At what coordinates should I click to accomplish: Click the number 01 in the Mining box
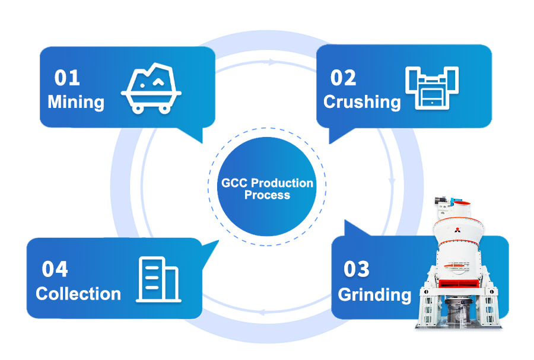point(67,78)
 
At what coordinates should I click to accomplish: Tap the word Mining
point(76,101)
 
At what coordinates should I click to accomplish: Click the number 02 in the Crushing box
point(343,78)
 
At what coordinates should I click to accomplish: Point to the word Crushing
point(362,101)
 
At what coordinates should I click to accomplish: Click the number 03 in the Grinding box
point(357,269)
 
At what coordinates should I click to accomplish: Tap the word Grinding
point(374,294)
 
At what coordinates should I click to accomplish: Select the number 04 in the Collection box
point(55,269)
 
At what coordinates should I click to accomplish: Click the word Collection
point(78,294)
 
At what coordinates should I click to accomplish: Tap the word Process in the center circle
point(267,195)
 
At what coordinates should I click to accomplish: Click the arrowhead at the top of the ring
point(272,62)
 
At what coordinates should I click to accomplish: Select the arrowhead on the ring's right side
point(391,180)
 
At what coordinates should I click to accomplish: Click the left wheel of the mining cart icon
point(137,108)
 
